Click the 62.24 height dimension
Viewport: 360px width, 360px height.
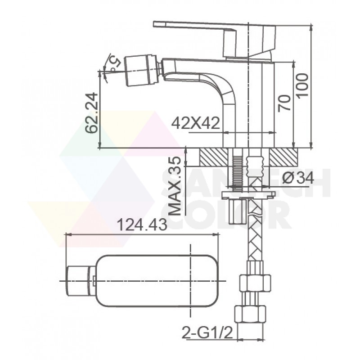92,113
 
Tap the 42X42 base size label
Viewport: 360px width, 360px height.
196,123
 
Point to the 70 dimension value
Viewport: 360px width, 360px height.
284,103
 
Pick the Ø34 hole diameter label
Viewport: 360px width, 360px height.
298,178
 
